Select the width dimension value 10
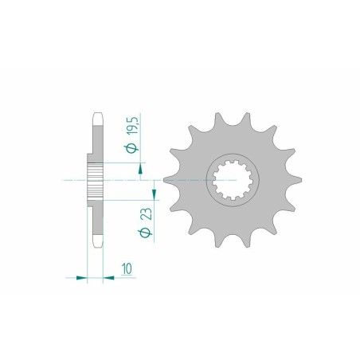[128, 270]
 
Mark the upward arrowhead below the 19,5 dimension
[140, 166]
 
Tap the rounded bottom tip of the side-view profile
[96, 248]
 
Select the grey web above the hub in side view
[96, 143]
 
